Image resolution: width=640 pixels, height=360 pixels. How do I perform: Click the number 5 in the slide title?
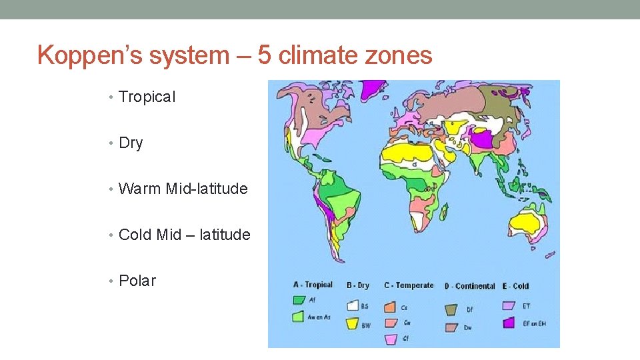pyautogui.click(x=265, y=55)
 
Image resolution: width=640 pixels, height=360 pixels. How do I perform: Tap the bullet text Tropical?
pyautogui.click(x=147, y=97)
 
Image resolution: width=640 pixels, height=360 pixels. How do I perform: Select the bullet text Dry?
pyautogui.click(x=131, y=143)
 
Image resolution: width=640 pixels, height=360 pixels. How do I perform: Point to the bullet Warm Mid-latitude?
pyautogui.click(x=183, y=189)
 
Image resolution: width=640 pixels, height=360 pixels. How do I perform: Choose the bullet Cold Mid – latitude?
pyautogui.click(x=184, y=235)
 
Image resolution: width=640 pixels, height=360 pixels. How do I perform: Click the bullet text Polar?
pyautogui.click(x=137, y=281)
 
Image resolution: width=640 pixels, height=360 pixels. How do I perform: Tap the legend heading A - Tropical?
pyautogui.click(x=313, y=285)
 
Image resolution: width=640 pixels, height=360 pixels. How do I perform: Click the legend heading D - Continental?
pyautogui.click(x=470, y=286)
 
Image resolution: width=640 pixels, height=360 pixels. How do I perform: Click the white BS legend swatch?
pyautogui.click(x=353, y=306)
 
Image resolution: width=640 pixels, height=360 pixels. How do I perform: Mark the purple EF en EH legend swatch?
pyautogui.click(x=509, y=323)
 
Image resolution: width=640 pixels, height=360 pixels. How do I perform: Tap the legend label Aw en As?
pyautogui.click(x=319, y=317)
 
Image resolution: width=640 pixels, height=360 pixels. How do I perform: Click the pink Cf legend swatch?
pyautogui.click(x=391, y=339)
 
